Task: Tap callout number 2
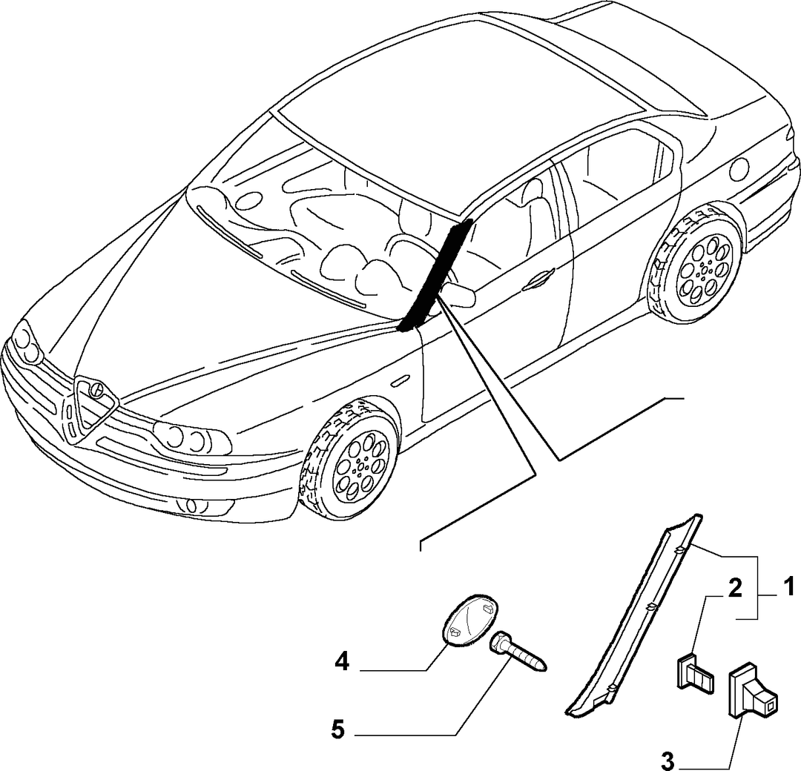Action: [x=734, y=589]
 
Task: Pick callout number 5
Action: [x=338, y=729]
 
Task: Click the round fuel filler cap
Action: [x=739, y=169]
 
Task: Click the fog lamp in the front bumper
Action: [x=191, y=506]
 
